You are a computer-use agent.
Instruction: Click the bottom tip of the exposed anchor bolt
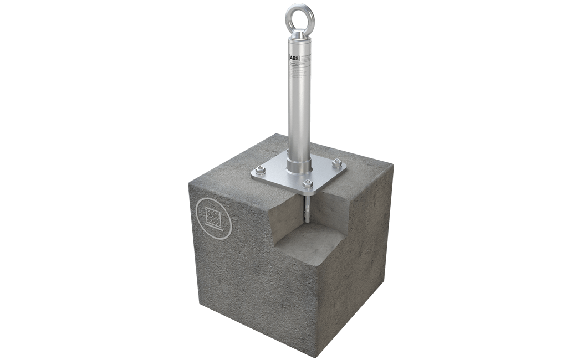[305, 222]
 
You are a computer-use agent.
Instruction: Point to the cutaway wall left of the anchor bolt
[285, 210]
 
